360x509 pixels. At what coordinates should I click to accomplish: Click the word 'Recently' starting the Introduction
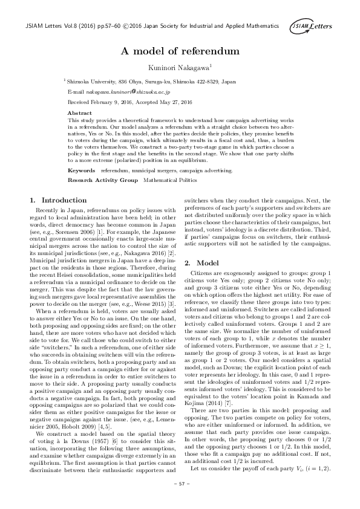[x=47, y=209]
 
